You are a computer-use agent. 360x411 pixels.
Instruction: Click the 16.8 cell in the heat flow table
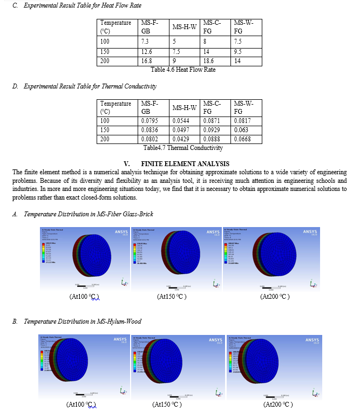(146, 61)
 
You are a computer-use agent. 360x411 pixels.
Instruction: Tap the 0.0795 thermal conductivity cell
(150, 121)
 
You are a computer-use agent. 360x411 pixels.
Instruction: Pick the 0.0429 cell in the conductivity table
(180, 139)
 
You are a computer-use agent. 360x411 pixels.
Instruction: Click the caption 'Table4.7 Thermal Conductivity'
(183, 148)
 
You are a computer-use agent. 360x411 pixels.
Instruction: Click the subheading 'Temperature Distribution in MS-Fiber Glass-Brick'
(89, 214)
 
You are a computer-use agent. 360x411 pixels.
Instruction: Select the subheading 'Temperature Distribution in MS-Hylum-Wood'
(83, 321)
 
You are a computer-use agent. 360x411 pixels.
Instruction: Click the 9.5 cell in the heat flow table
(238, 52)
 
